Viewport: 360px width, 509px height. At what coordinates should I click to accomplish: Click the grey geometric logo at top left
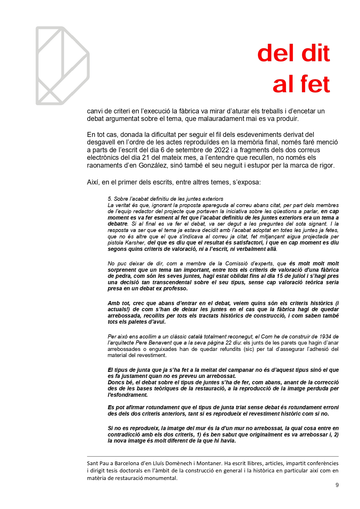click(62, 66)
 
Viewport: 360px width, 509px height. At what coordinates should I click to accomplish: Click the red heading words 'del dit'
click(293, 53)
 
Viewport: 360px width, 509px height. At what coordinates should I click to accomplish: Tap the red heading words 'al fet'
click(301, 84)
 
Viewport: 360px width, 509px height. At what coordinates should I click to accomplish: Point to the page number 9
click(337, 485)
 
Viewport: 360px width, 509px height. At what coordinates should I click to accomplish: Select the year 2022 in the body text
click(221, 150)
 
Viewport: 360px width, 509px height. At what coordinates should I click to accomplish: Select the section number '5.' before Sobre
click(110, 199)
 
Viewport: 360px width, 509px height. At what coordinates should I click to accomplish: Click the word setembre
click(184, 150)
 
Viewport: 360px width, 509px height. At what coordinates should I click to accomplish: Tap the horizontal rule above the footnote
click(213, 457)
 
